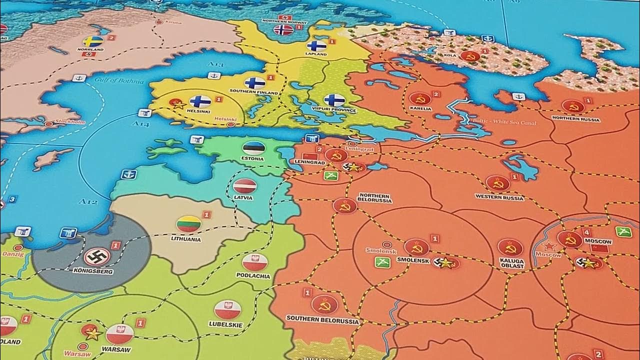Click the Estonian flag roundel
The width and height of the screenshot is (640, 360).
coord(253,147)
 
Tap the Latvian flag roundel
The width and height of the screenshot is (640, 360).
coord(244,186)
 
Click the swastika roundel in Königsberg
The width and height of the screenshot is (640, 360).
coord(97,257)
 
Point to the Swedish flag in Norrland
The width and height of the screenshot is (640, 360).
coord(92,41)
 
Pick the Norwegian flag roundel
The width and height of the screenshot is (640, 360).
coord(283,30)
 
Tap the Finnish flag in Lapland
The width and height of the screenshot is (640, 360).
coord(316,46)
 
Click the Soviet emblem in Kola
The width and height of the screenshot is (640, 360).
coord(470,56)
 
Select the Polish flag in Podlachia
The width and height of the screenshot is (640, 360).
coord(255,262)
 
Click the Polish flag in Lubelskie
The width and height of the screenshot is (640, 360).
coord(227,309)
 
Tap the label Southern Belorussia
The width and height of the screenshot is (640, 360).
coord(322,319)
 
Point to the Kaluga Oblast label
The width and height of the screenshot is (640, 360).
coord(511,263)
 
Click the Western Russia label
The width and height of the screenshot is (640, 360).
coord(499,198)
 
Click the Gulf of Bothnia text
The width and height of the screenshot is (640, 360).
coord(118,80)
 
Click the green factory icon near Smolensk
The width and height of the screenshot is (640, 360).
coord(382,262)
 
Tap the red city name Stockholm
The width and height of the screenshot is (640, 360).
coord(69,122)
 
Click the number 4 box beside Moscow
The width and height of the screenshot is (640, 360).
coord(586,232)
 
